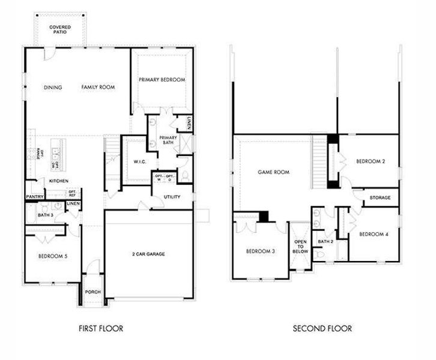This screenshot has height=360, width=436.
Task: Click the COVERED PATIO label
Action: tap(59, 29)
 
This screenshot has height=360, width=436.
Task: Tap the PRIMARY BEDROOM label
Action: tap(162, 80)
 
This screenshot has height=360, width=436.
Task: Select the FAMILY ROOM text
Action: tap(98, 88)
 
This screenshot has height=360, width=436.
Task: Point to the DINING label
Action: tap(53, 88)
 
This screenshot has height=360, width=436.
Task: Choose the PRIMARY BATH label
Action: tap(168, 140)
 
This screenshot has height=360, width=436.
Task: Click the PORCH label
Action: tap(92, 292)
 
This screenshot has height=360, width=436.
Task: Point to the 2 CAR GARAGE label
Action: tap(148, 254)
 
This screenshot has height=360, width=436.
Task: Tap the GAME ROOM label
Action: tap(273, 172)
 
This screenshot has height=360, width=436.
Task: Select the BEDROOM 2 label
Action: tap(370, 161)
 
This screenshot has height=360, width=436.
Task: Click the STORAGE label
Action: tap(380, 197)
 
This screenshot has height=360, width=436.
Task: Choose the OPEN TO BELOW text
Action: tap(300, 247)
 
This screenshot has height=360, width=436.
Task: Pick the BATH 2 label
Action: tap(325, 241)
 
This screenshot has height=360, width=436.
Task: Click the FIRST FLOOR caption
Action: tap(101, 328)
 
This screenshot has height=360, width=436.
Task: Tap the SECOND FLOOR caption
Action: tap(322, 328)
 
